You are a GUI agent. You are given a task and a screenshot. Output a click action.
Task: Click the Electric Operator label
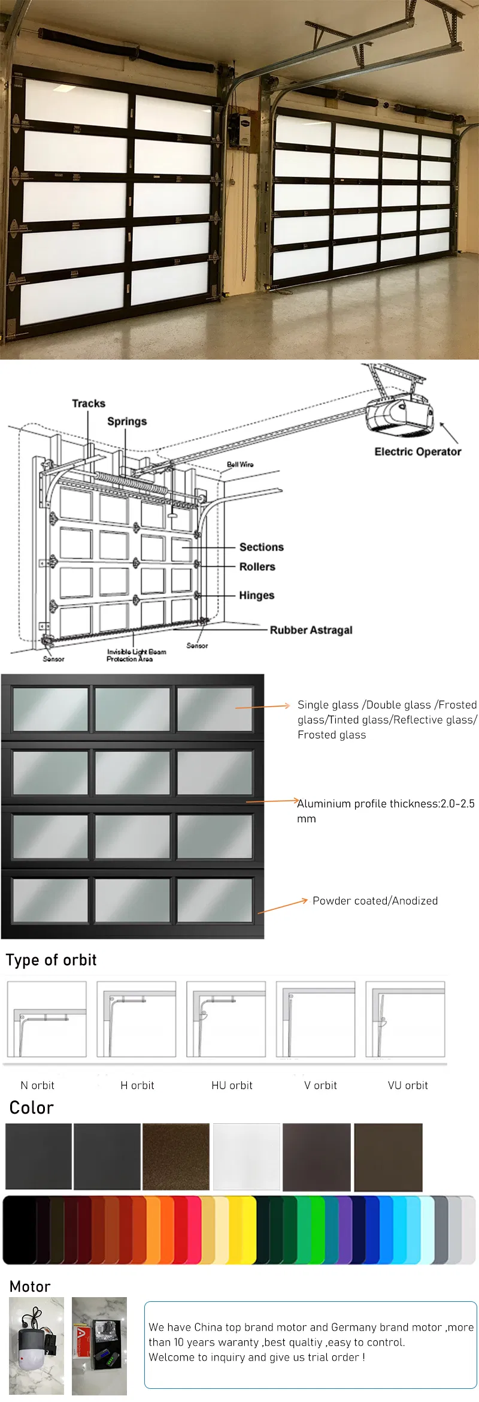coord(417,451)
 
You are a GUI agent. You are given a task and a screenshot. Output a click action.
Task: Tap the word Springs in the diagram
coord(127,421)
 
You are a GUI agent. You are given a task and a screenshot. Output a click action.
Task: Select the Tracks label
coord(89,403)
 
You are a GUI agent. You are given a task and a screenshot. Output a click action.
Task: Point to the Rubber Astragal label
coord(311,630)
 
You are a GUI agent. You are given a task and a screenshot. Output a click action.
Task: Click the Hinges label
coord(256,595)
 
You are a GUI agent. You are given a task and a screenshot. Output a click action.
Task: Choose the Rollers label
coord(257,566)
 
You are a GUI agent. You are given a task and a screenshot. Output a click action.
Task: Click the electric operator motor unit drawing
coord(398,414)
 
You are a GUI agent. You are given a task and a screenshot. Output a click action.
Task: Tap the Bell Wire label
coord(239,465)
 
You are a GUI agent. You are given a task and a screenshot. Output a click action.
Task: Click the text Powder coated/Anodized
coord(375,901)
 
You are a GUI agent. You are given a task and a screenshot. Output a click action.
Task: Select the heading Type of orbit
coord(51,960)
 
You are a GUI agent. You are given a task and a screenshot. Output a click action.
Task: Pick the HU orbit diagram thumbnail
coord(226,1019)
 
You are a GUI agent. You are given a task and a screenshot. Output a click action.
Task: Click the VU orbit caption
coord(408,1086)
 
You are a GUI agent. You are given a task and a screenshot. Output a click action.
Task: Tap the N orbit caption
coord(37,1086)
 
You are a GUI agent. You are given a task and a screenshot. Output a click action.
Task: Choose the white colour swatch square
coord(247,1157)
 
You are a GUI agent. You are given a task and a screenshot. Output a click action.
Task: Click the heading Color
coord(32,1108)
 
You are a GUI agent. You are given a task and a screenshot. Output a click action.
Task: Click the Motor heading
coord(30,1286)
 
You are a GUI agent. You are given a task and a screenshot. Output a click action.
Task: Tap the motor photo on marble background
coord(37,1346)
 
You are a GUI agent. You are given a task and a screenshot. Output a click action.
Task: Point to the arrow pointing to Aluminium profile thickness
coord(272,801)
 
